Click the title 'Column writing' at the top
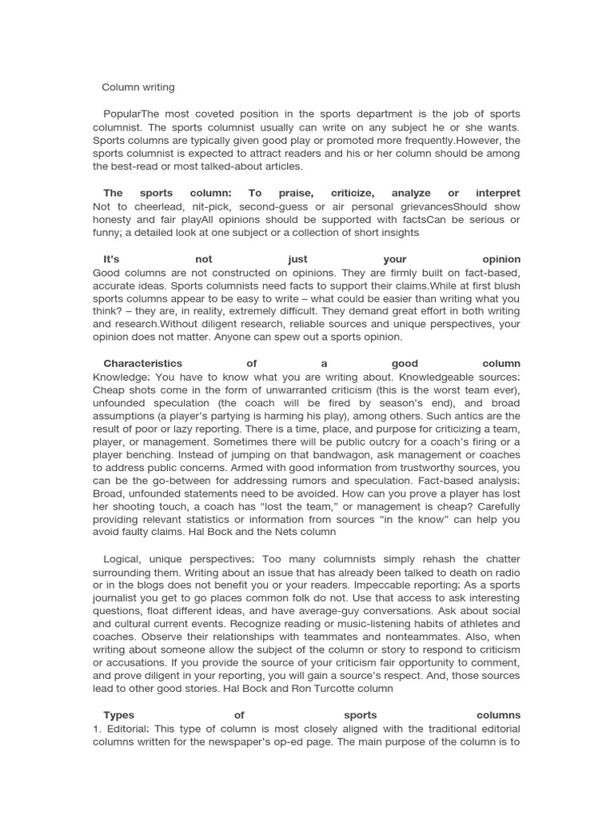click(x=138, y=86)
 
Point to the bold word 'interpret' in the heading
click(x=497, y=193)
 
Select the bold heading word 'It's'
click(x=117, y=259)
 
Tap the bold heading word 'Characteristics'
click(x=143, y=363)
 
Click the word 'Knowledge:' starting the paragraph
click(x=121, y=377)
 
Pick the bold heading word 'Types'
click(x=119, y=715)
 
